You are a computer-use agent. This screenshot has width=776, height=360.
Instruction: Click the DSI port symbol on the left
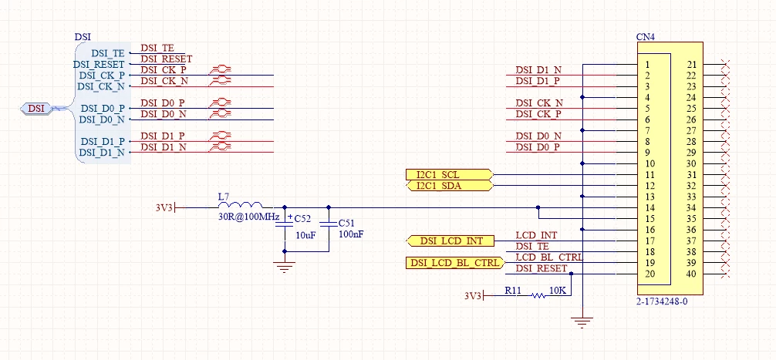click(36, 108)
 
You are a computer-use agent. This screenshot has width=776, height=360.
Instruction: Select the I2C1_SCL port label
click(449, 174)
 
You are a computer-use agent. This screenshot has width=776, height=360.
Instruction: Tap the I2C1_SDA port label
click(449, 186)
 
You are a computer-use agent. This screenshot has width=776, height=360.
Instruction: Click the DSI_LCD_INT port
click(450, 241)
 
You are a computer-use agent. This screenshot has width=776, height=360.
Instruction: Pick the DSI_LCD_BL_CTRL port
click(455, 263)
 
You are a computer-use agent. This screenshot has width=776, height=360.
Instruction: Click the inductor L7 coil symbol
click(241, 205)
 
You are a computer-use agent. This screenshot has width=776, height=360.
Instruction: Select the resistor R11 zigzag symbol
click(538, 296)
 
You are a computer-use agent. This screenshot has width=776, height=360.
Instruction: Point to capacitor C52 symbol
click(284, 224)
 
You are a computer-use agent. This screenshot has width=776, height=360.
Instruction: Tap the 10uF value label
click(305, 235)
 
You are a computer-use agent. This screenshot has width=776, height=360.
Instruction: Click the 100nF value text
click(351, 234)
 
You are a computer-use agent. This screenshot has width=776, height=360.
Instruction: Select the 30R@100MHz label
click(249, 217)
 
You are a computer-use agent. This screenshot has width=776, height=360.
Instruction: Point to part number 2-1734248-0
click(662, 301)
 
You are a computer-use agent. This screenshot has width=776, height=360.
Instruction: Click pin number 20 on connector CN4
click(649, 274)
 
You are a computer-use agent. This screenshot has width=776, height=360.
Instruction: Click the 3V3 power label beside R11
click(473, 296)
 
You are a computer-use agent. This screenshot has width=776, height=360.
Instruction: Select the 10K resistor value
click(558, 291)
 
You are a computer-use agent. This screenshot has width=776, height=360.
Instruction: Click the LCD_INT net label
click(536, 235)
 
